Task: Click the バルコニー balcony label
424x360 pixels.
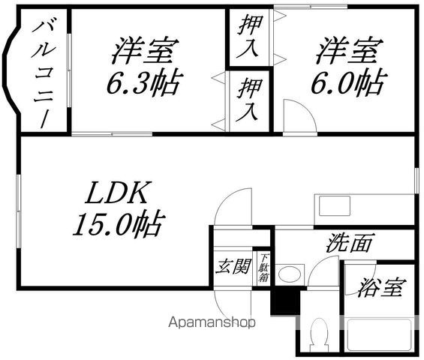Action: click(x=44, y=73)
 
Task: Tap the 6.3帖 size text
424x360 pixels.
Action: click(x=144, y=82)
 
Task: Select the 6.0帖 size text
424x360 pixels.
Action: click(x=349, y=82)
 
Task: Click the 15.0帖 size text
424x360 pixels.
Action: click(x=119, y=223)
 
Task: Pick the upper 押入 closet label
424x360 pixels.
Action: click(x=249, y=36)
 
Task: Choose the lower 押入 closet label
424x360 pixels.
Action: click(x=248, y=100)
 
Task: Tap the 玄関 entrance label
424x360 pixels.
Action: click(x=233, y=267)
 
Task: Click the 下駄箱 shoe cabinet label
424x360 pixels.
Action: click(x=263, y=267)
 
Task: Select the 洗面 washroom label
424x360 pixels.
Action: click(x=350, y=243)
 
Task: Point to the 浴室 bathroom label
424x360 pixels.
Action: click(x=382, y=287)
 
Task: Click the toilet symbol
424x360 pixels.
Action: click(x=318, y=336)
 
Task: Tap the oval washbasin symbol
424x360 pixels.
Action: click(x=290, y=274)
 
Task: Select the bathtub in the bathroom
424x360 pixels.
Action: click(x=378, y=334)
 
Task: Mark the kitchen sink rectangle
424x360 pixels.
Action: click(x=334, y=206)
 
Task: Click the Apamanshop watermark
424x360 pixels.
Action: click(x=212, y=322)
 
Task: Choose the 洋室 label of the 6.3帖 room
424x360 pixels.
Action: click(x=146, y=50)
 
